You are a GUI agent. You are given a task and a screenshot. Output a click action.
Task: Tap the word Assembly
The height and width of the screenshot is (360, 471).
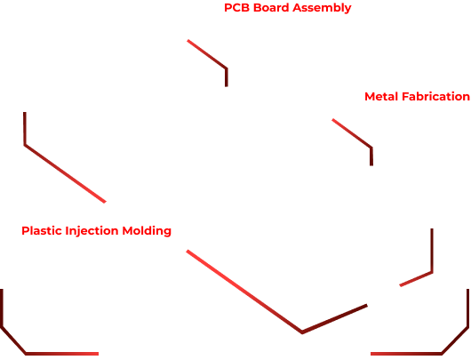tap(322, 8)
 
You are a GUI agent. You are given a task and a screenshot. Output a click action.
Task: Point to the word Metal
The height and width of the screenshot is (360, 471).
tap(382, 97)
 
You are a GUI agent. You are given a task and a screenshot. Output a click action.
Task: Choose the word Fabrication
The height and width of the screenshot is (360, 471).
tap(435, 97)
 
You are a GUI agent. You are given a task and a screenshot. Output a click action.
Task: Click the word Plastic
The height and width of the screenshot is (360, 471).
tap(42, 231)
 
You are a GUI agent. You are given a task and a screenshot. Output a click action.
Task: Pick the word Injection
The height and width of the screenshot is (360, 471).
tap(92, 231)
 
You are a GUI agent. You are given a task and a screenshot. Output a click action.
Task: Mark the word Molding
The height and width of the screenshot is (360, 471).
tap(147, 231)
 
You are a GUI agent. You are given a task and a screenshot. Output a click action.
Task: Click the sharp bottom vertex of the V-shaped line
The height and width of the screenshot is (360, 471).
tap(302, 332)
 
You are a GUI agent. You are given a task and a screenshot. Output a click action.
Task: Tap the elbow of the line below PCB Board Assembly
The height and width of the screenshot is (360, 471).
tap(227, 68)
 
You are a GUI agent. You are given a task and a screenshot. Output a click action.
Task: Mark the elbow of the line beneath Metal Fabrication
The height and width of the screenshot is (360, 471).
tap(371, 148)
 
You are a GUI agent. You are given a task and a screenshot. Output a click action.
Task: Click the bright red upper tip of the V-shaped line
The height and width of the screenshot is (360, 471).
tap(188, 251)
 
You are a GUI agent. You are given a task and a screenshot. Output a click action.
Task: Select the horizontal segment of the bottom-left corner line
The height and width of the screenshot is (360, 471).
tap(62, 354)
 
